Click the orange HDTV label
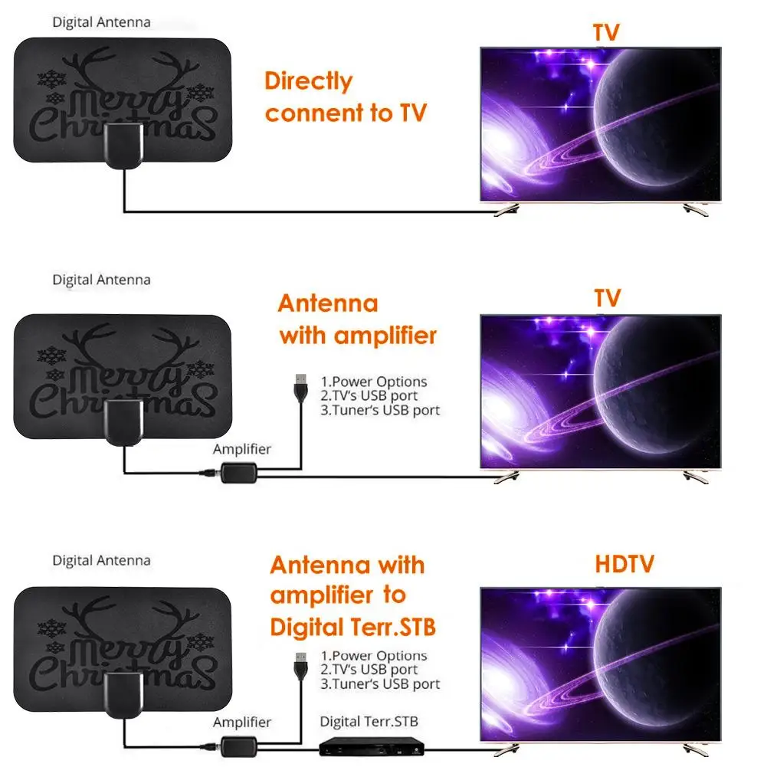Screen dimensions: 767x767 point(624,565)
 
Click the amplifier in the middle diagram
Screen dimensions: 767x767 point(238,473)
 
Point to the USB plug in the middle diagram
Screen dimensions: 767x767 point(300,383)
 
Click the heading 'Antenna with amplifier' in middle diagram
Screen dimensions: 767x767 point(357,319)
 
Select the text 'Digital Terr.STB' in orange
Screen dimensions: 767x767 point(352,628)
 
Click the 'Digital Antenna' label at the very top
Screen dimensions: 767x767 point(101,22)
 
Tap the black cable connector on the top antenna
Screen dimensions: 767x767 point(122,145)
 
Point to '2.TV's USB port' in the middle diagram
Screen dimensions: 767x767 point(369,396)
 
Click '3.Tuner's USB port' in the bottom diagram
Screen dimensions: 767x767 point(380,684)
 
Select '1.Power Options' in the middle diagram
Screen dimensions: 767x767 point(374,382)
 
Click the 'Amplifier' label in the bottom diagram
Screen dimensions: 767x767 point(242,723)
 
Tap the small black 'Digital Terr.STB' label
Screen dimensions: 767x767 point(369,722)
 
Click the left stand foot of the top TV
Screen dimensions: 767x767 point(506,209)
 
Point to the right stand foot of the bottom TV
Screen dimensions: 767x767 point(697,748)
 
